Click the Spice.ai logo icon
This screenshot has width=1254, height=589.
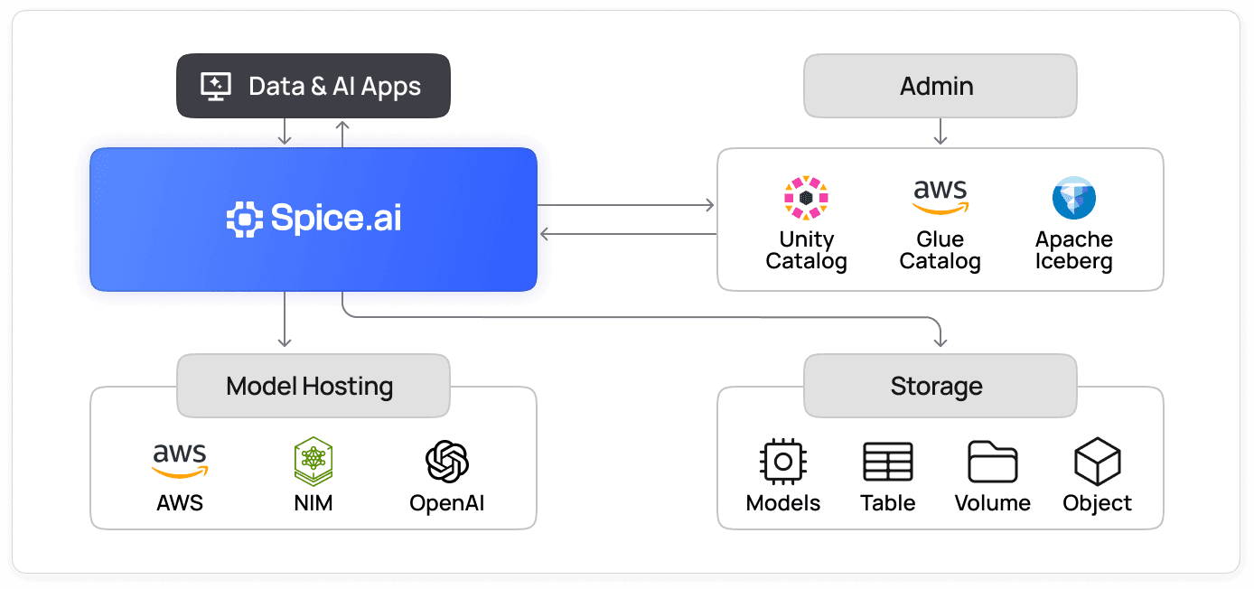244,220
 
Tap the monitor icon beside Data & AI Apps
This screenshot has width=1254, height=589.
215,87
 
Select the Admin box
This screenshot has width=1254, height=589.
940,87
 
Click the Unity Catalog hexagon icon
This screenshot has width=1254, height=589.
806,198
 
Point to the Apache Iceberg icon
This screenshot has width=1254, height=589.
1073,198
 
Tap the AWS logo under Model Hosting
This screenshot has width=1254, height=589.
180,460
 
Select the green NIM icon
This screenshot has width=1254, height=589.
313,462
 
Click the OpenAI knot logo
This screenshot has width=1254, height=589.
447,462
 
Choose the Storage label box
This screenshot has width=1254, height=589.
940,387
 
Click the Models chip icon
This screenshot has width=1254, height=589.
783,462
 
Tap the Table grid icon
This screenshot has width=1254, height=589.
888,462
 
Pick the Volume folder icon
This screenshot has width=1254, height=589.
993,462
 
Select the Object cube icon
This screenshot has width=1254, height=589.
1097,462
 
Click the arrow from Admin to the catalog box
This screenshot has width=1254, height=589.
940,132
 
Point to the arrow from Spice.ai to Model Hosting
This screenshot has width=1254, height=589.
285,321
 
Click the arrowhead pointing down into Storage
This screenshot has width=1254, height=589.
940,341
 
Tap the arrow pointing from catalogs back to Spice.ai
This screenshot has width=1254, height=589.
627,234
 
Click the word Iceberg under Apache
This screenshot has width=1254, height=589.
1073,262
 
